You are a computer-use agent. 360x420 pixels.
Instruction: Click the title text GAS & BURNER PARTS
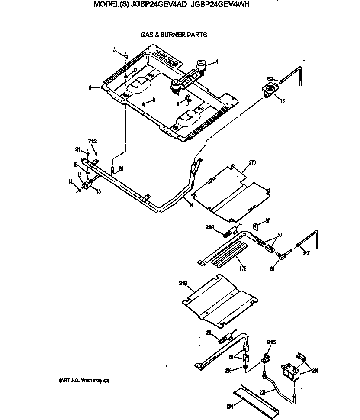tap(173, 35)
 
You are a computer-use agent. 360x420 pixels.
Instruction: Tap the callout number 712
tap(92, 142)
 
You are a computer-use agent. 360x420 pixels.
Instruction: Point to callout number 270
tap(253, 163)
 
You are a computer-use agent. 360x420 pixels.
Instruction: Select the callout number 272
tap(242, 268)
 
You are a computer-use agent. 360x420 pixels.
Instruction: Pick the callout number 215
tap(271, 342)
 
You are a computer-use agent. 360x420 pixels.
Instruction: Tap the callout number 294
tap(230, 406)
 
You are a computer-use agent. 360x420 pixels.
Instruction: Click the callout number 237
tap(270, 79)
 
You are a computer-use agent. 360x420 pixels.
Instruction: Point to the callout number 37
tap(267, 221)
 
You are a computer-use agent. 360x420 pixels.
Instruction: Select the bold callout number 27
tap(306, 254)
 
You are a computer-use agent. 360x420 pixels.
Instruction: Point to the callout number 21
tap(78, 149)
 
